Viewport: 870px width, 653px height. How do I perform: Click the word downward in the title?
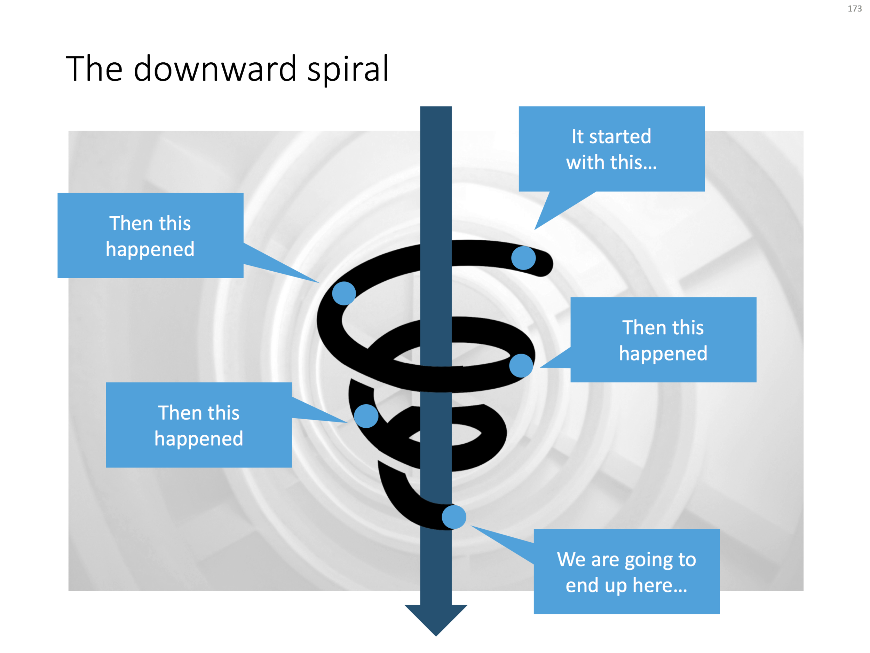(215, 69)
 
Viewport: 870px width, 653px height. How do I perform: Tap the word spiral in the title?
(348, 70)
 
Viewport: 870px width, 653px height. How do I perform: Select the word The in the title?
(94, 69)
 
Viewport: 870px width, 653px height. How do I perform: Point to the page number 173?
(854, 9)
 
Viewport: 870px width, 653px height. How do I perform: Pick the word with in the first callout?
(584, 162)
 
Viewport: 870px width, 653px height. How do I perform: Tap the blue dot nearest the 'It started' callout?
(523, 258)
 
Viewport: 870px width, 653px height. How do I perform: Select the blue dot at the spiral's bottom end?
(454, 517)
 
